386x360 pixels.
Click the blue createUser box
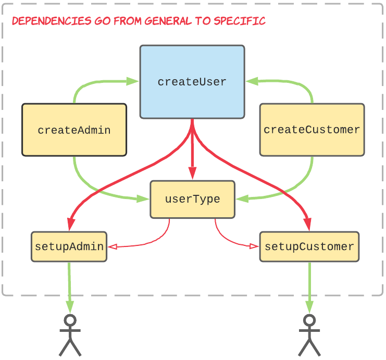pos(192,82)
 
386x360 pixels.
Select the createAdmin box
pos(74,130)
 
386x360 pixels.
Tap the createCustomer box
pos(312,130)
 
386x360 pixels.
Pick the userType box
pos(192,199)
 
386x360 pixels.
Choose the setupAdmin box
pos(69,246)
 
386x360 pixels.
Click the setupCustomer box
pos(309,246)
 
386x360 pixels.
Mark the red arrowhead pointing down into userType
pos(192,175)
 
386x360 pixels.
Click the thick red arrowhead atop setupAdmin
pos(69,225)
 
